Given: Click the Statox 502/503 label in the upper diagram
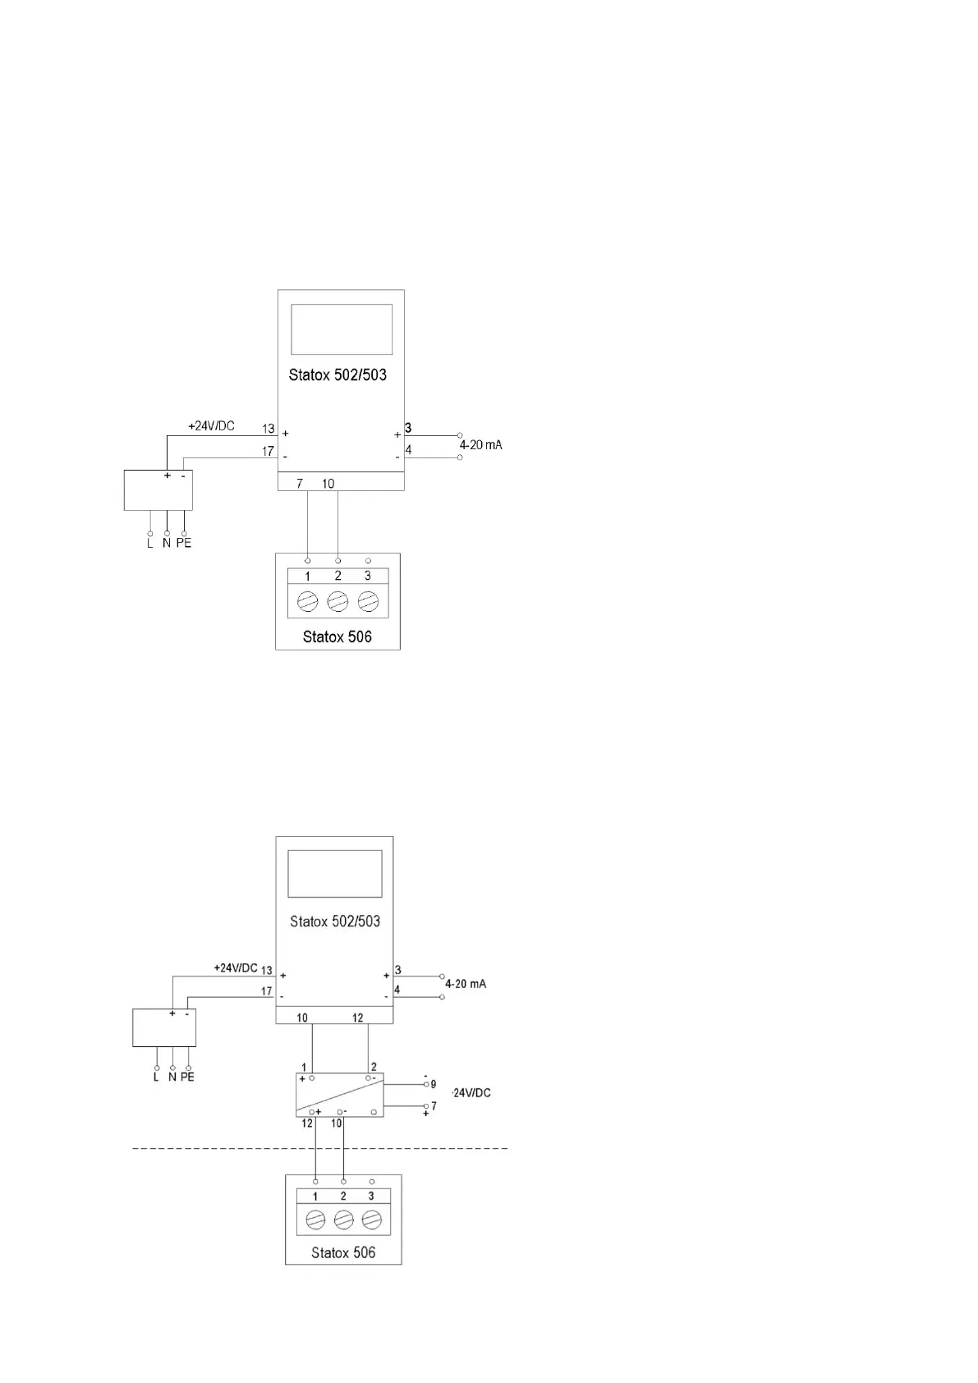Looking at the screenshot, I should (x=337, y=375).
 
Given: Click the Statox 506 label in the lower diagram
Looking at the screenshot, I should (x=343, y=1252).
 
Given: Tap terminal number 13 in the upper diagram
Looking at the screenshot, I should (x=269, y=429).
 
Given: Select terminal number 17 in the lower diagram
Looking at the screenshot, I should (x=266, y=991).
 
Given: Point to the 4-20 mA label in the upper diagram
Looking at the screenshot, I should (x=480, y=445).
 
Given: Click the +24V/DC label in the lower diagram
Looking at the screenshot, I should (x=236, y=967).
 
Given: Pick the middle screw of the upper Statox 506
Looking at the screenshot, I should (x=337, y=602).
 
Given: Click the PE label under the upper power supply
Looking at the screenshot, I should (x=184, y=544).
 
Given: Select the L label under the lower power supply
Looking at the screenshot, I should (x=156, y=1077).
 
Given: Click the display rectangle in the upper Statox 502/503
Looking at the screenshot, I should (x=342, y=329).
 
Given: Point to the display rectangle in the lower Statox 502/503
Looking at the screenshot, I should (x=335, y=874).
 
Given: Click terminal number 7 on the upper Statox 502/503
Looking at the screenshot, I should (x=300, y=484).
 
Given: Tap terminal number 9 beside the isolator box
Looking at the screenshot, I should (x=434, y=1084).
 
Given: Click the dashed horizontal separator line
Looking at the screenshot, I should (x=320, y=1147).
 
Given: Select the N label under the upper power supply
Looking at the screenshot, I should (x=167, y=544).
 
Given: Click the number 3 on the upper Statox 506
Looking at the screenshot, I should (x=368, y=576).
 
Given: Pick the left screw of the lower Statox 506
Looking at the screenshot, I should (x=315, y=1220).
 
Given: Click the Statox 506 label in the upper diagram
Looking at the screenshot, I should (x=337, y=636).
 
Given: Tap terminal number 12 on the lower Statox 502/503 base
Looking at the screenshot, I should (x=358, y=1018).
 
